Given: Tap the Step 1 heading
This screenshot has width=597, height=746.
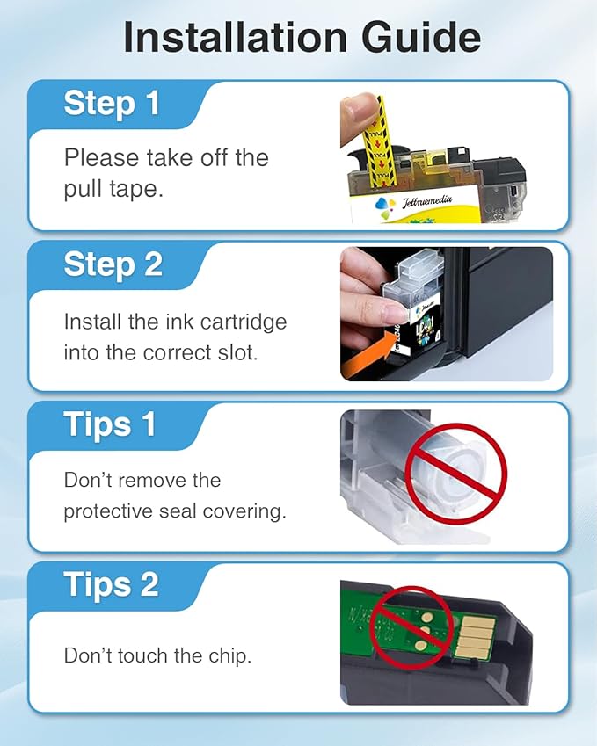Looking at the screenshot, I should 112,104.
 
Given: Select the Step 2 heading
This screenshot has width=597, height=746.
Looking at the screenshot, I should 113,264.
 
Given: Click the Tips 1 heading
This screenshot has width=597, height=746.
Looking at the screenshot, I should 110,425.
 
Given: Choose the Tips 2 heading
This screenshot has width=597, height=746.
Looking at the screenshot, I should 111,585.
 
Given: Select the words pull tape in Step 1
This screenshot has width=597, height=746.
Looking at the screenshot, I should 113,189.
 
